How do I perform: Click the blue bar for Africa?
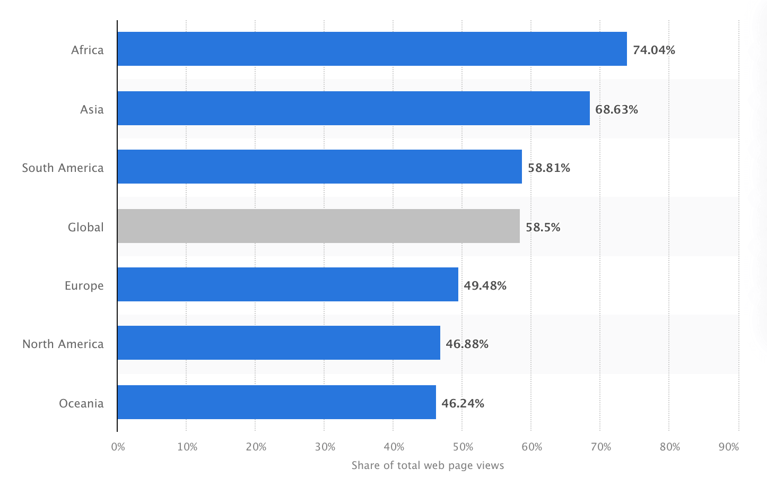point(372,49)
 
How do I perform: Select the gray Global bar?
point(318,226)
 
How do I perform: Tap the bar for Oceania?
point(276,402)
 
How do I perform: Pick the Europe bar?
point(287,284)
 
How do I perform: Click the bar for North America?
point(278,343)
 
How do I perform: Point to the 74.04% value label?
point(653,50)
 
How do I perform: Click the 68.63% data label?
point(616,109)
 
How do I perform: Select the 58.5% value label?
point(543,227)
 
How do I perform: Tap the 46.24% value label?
point(463,403)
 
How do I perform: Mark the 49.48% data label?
point(485,285)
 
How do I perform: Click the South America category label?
point(63,168)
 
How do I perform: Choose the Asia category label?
point(92,109)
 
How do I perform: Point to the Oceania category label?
point(81,403)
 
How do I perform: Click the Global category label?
point(85,227)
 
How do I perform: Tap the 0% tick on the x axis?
point(118,447)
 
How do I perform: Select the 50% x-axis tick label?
point(463,447)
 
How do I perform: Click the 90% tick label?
point(728,447)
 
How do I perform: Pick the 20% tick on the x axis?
point(256,447)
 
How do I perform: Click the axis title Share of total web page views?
point(428,465)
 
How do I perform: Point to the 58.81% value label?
point(548,168)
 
